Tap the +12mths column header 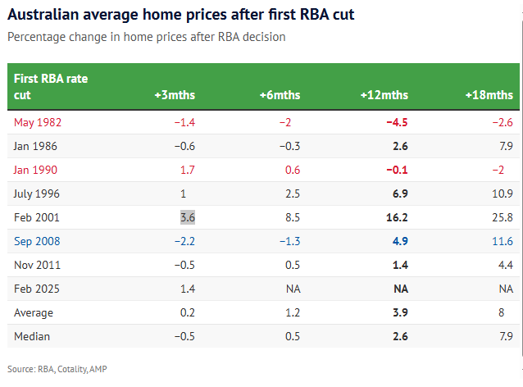click(x=384, y=95)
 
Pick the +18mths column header click(x=489, y=95)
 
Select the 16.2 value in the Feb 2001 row click(x=397, y=217)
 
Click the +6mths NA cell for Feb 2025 click(x=293, y=289)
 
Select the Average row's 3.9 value click(x=399, y=312)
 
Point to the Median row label click(x=32, y=336)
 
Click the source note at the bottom click(x=57, y=369)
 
